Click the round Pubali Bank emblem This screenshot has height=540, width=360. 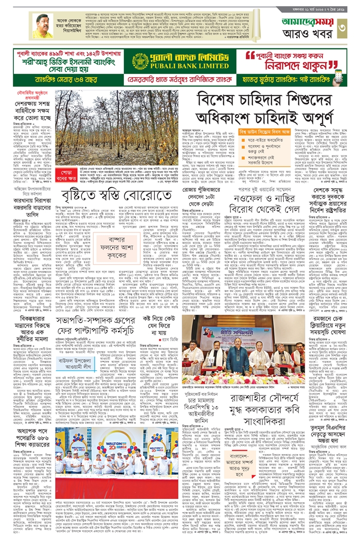pyautogui.click(x=140, y=61)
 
